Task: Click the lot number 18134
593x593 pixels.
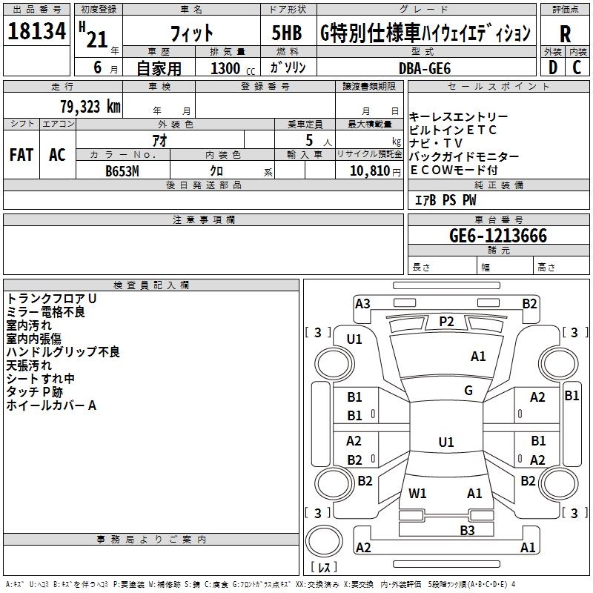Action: pos(37,32)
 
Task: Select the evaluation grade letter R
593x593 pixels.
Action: pos(565,33)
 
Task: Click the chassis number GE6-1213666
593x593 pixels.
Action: pos(498,236)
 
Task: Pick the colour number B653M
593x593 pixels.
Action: pos(123,170)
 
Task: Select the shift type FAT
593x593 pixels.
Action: pos(21,155)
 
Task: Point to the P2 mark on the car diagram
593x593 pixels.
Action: pos(446,321)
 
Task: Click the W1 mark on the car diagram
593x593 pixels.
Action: pos(417,493)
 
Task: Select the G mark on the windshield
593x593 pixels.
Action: pos(468,391)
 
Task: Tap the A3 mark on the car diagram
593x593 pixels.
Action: pos(362,303)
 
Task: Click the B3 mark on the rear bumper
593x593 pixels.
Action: pos(467,530)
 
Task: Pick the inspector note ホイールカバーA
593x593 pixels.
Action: pos(52,405)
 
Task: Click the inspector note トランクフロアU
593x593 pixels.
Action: pos(52,298)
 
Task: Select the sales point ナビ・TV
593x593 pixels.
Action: pos(437,143)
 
